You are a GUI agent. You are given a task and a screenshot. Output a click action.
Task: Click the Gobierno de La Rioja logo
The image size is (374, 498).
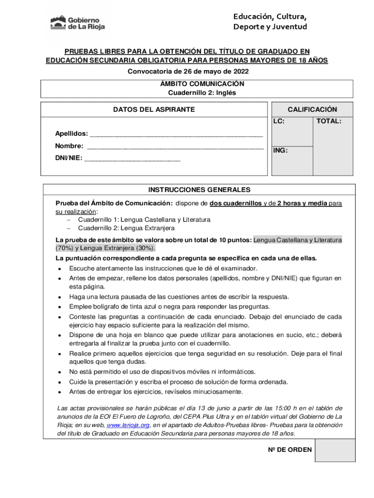(x=78, y=22)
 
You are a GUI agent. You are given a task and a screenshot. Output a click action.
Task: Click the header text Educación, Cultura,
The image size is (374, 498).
(x=270, y=17)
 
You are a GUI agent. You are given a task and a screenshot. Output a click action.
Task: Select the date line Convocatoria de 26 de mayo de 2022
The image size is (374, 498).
(x=188, y=71)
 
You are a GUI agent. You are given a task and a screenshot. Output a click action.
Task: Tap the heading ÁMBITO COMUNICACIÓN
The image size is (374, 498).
(x=202, y=84)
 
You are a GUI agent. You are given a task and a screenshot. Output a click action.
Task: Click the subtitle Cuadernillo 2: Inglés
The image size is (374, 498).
(x=202, y=92)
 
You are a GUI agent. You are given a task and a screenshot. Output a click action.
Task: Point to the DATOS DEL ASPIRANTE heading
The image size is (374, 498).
(x=154, y=110)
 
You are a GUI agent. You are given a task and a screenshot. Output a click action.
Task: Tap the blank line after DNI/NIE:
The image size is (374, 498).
(x=133, y=158)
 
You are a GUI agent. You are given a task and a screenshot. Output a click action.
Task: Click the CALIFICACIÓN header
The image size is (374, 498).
(x=312, y=110)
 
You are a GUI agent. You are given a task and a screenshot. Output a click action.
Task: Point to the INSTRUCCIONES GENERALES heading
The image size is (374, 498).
(x=199, y=190)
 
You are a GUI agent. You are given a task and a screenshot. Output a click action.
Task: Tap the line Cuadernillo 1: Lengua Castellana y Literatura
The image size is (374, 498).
(x=144, y=220)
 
